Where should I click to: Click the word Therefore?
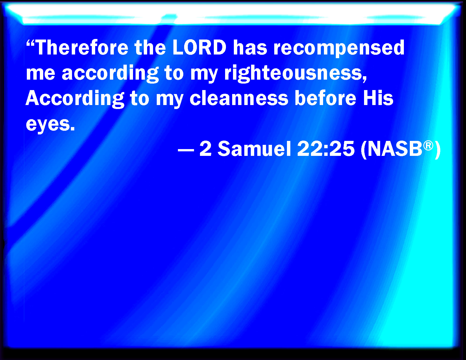coord(82,47)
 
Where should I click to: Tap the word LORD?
coord(199,47)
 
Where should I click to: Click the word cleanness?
coord(239,98)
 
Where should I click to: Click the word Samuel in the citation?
coord(254,149)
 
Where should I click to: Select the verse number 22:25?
coord(326,149)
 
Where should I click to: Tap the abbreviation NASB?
coord(394,149)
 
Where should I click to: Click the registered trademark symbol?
coord(428,146)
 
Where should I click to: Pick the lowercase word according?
coord(110,74)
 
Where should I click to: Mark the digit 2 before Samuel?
coord(205,149)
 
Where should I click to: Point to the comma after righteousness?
coord(365,79)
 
